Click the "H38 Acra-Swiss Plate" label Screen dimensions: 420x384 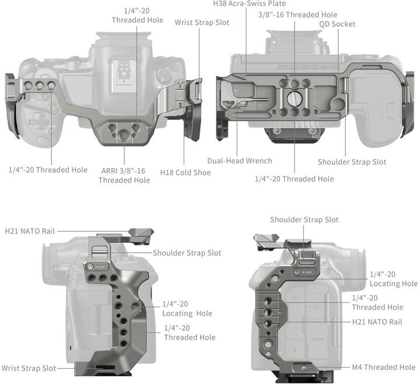click(250, 4)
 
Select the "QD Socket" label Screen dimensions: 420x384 click(337, 24)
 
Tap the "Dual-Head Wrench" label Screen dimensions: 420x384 click(240, 161)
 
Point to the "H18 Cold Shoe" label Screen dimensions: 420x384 click(185, 173)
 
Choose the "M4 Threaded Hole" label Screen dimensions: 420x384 click(384, 367)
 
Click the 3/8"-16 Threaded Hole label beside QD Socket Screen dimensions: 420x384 click(297, 15)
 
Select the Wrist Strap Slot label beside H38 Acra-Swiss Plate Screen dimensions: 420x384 click(202, 23)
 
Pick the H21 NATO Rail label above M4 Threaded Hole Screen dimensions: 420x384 click(377, 322)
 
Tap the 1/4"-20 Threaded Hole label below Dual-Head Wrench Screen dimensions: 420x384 click(294, 179)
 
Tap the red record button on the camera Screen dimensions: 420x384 click(54, 109)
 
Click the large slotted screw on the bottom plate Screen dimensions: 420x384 click(294, 98)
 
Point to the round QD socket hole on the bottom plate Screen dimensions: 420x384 click(338, 104)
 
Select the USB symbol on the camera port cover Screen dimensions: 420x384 click(314, 306)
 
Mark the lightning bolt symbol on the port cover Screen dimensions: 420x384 click(295, 349)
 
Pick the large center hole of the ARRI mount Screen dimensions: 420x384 click(124, 135)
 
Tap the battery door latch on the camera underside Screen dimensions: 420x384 click(391, 110)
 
